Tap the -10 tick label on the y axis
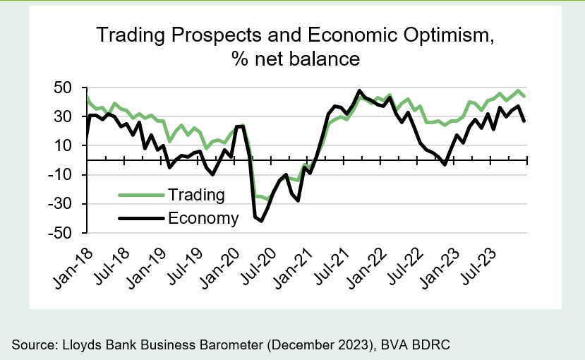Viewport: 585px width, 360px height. point(62,174)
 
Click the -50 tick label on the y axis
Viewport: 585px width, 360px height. point(62,232)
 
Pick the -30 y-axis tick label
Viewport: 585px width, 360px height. point(62,203)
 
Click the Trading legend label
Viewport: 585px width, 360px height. point(197,195)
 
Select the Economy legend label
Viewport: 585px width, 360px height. point(204,218)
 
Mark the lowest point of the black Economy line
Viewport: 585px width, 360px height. point(261,221)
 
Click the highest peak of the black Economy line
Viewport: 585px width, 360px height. point(359,91)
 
